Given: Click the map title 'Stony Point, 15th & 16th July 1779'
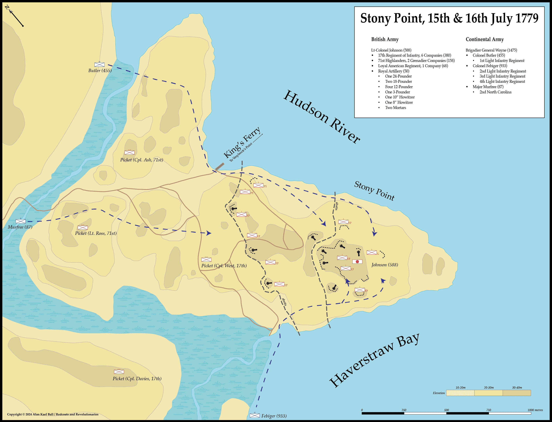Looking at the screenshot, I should click(449, 19).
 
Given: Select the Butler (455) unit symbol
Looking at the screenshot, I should click(99, 64).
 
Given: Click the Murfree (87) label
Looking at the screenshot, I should click(20, 227).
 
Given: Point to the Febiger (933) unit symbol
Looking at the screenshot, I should click(255, 416).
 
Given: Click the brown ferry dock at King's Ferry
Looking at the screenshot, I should click(220, 166).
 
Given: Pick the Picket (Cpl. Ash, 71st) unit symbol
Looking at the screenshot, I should click(129, 152).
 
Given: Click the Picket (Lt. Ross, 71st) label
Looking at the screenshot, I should click(96, 233).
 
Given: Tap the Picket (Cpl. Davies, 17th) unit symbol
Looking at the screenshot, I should click(119, 372).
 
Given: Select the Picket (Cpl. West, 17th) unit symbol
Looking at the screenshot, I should click(206, 260).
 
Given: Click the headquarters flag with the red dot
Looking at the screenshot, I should click(357, 261).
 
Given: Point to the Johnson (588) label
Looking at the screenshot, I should click(384, 265).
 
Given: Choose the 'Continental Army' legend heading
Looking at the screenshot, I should click(485, 39).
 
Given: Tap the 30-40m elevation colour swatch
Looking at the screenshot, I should click(517, 393).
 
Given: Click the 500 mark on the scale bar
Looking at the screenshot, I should click(446, 410).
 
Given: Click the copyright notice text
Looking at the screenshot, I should click(53, 414).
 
